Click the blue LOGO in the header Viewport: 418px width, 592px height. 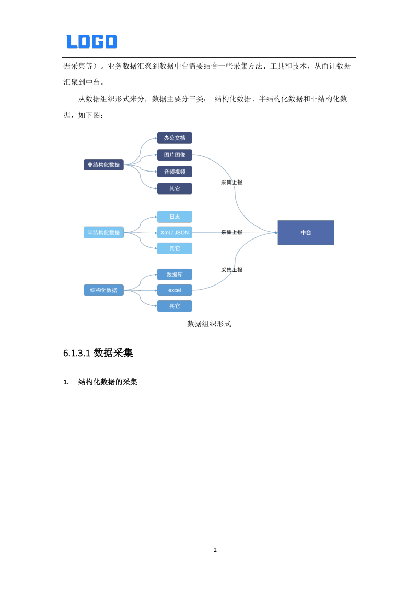coord(92,41)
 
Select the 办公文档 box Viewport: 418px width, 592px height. coord(175,138)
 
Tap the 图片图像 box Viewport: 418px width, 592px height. coord(175,155)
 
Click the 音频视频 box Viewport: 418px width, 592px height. coord(175,172)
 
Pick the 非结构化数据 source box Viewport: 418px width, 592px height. coord(103,165)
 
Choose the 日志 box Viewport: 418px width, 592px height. coord(175,217)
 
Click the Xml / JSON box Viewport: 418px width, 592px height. coord(175,233)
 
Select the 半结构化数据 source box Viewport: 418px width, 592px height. coord(103,233)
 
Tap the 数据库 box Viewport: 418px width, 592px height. coord(175,275)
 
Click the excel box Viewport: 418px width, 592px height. coord(175,290)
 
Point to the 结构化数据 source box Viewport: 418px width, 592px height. coord(103,290)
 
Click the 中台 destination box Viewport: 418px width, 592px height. coord(306,233)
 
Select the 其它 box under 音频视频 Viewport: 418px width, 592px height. coord(175,188)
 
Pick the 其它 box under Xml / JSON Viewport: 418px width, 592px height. coord(175,248)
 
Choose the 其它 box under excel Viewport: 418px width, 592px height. coord(175,306)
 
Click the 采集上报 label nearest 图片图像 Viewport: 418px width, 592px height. coord(231,183)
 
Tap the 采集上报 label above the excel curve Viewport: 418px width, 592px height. coord(231,270)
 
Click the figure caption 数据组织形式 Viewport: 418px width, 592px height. coord(209,324)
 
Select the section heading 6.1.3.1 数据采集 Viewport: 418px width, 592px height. coord(98,353)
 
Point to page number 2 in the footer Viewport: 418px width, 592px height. coord(215,550)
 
